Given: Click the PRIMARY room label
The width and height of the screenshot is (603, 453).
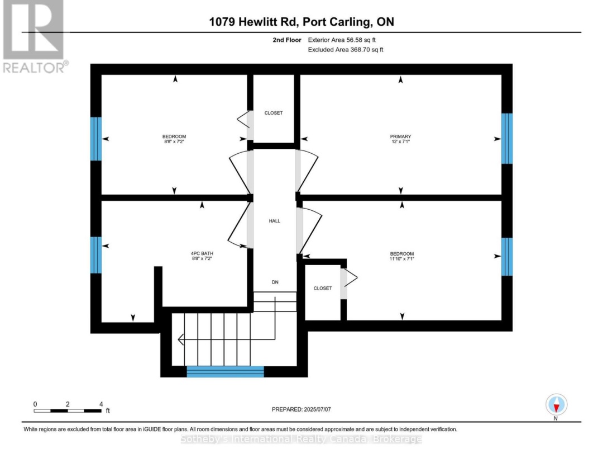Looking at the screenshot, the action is click(x=400, y=136).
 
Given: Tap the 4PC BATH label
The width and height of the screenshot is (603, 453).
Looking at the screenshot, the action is click(x=202, y=253).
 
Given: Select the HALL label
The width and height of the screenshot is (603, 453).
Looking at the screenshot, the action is click(x=275, y=221).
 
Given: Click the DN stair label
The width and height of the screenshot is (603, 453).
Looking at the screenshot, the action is click(x=275, y=282).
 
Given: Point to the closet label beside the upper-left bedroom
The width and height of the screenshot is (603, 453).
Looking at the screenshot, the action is click(x=274, y=113).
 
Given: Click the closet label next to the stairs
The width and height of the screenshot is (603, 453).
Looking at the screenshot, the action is click(x=323, y=288).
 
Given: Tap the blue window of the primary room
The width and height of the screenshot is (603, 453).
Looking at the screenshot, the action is click(x=507, y=139).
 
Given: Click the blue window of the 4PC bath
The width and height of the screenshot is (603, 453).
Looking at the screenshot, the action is click(x=96, y=255).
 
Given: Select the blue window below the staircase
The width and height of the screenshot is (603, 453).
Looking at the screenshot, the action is click(x=226, y=371).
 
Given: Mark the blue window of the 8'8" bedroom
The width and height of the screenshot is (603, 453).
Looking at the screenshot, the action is click(x=96, y=139).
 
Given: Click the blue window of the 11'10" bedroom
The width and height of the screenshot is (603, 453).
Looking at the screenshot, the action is click(x=507, y=257).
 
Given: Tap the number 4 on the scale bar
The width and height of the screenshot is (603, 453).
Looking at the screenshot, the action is click(x=101, y=404).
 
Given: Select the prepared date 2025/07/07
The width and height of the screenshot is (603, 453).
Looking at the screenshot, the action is click(x=317, y=409).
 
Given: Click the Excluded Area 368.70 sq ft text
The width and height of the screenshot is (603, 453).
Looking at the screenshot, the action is click(x=346, y=50).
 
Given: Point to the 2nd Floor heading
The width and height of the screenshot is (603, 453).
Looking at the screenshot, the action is click(x=287, y=40).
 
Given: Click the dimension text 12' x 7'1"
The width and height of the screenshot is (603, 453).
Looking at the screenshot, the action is click(x=400, y=141).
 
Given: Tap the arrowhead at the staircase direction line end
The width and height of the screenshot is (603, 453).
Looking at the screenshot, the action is click(x=180, y=340).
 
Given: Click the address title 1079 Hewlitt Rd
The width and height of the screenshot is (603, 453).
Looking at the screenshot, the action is click(x=253, y=22).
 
